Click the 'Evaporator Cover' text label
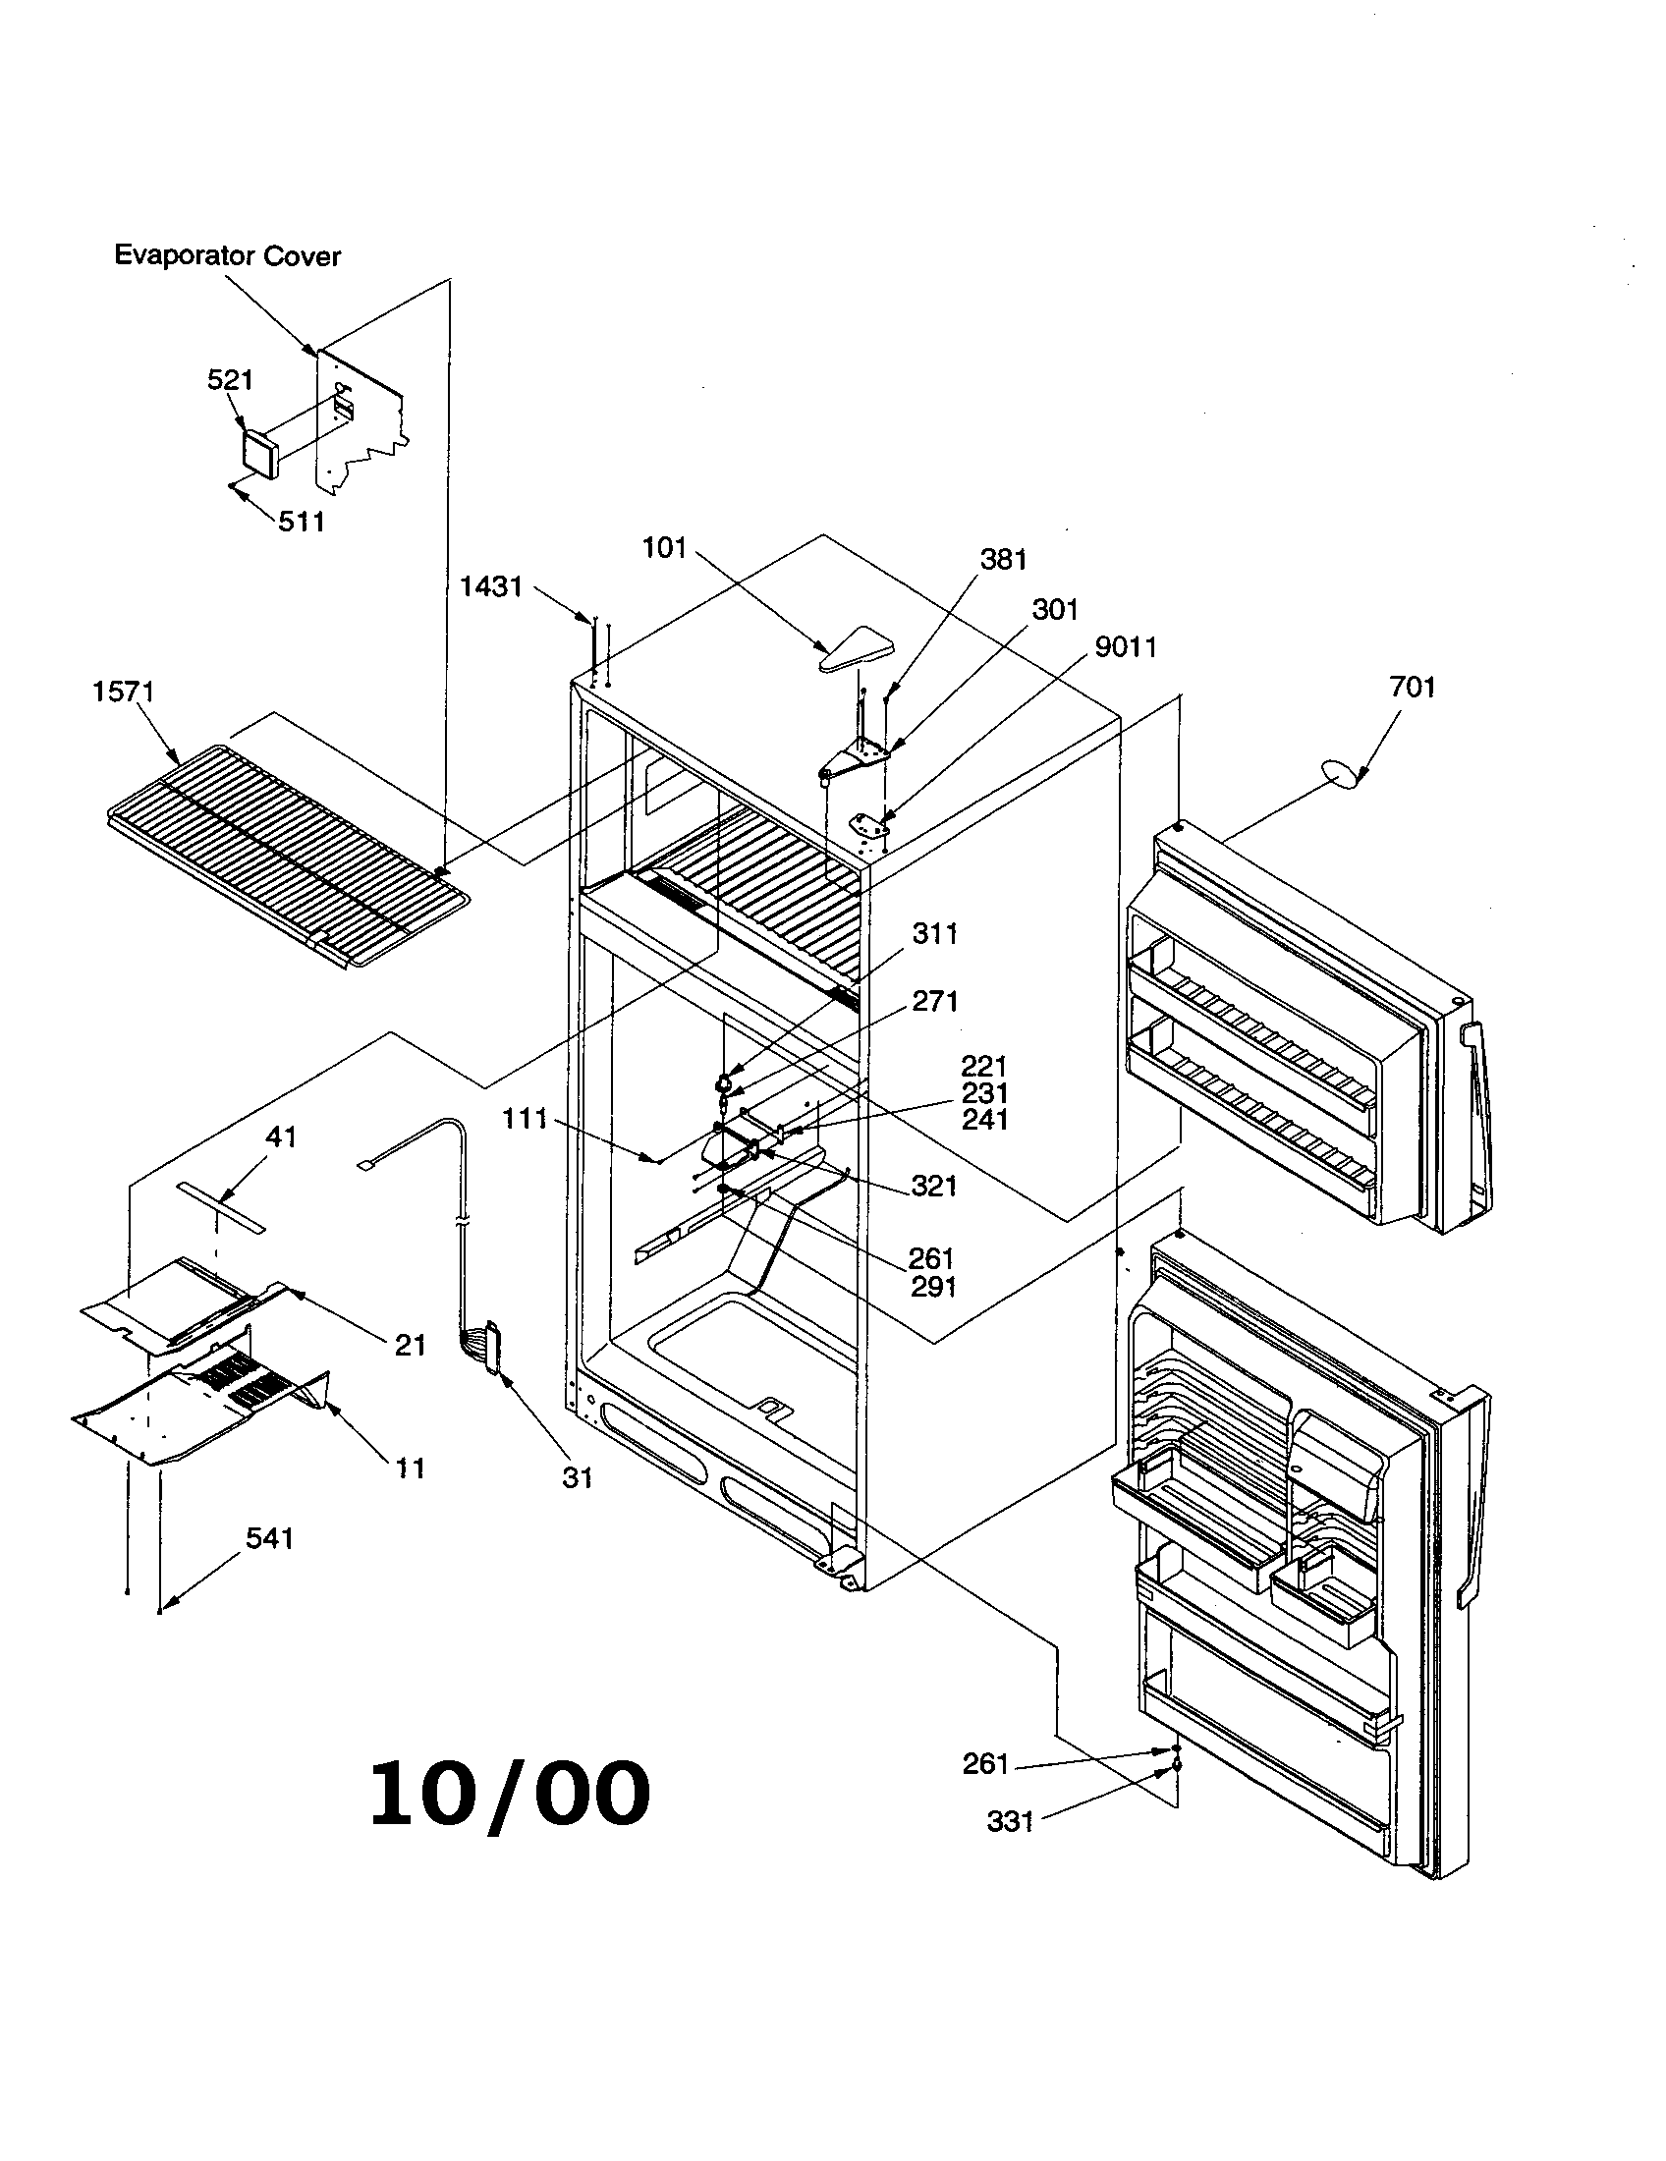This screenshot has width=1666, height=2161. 228,255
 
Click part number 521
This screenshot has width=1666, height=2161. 230,380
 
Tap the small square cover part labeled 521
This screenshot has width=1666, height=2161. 260,453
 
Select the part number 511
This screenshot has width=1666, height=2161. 301,522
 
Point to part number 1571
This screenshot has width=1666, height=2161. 124,692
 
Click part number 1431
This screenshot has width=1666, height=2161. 491,586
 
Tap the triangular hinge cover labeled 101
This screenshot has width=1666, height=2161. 857,648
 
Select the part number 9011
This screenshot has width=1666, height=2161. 1126,647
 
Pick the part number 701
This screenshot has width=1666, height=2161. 1412,687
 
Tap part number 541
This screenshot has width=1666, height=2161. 269,1538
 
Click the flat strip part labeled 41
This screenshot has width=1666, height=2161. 223,1205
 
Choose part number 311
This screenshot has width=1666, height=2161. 934,933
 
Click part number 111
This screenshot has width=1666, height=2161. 525,1119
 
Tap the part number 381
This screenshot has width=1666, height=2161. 1003,560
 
